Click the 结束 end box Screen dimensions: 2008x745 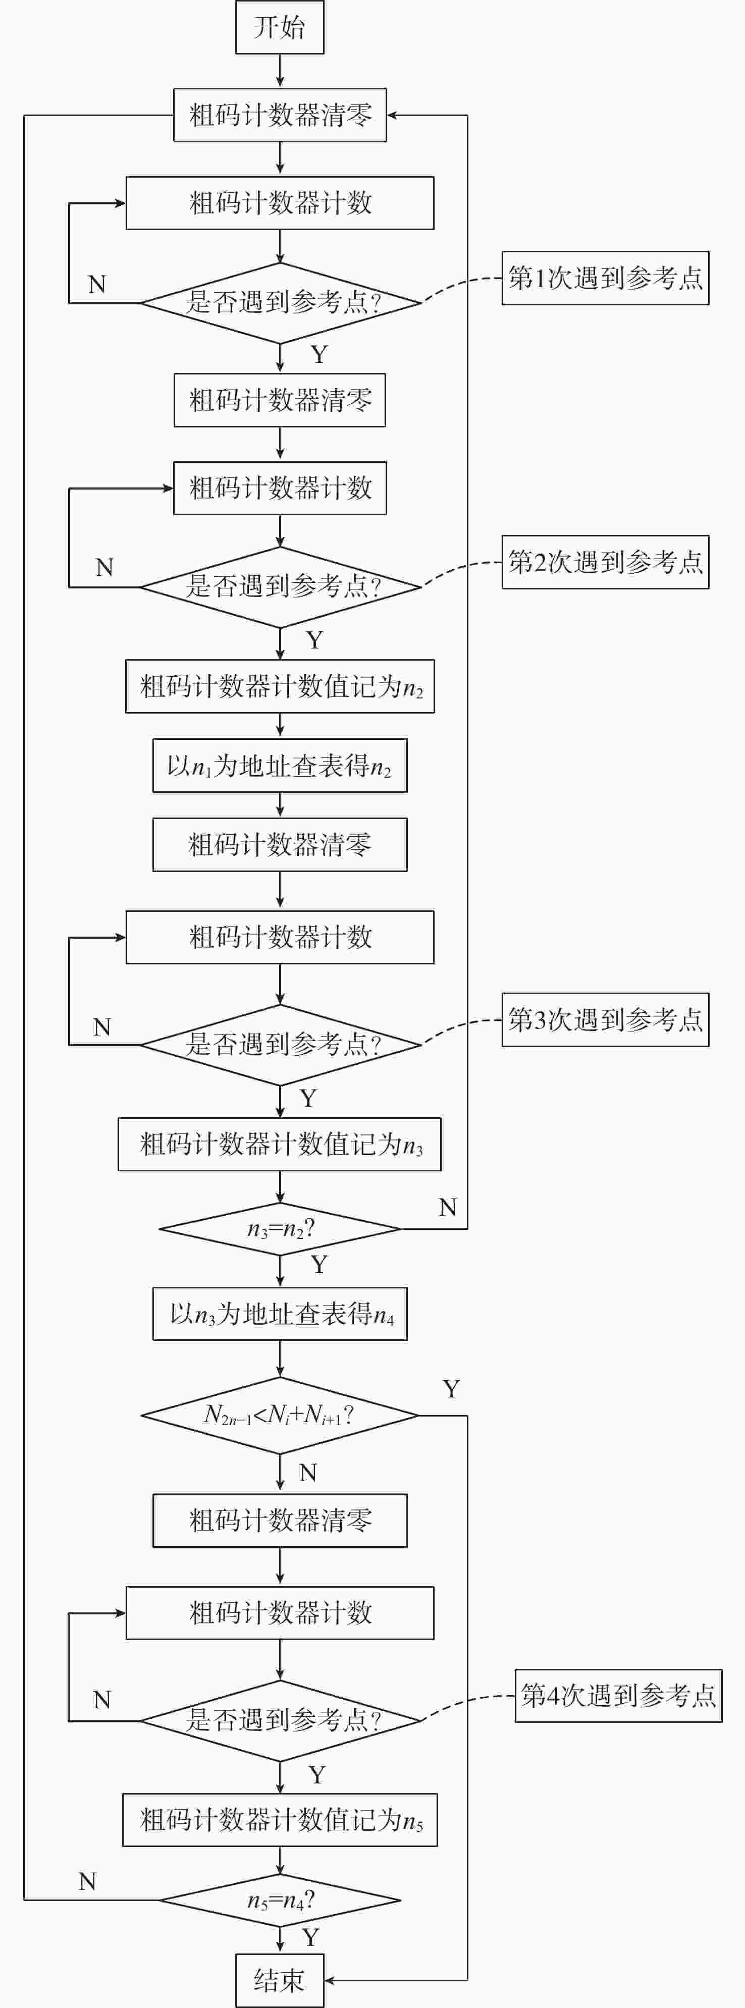click(280, 1980)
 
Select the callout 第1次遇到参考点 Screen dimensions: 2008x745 click(605, 278)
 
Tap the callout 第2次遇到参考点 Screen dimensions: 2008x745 click(605, 562)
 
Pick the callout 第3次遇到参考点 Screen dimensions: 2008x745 click(605, 1019)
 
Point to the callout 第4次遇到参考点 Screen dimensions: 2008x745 click(618, 1696)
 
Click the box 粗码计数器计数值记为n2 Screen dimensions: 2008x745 click(280, 687)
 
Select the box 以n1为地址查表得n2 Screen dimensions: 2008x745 click(280, 766)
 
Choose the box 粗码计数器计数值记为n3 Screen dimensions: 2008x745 click(280, 1145)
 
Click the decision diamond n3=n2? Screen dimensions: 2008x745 click(280, 1229)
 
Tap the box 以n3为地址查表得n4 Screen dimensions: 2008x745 click(280, 1314)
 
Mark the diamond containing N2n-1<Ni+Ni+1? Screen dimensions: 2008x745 click(280, 1415)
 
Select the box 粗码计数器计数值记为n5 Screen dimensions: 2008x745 click(280, 1820)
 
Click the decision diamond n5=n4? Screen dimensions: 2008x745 click(280, 1901)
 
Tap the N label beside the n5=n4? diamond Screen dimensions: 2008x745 click(87, 1882)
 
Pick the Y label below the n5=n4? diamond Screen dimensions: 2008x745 click(311, 1937)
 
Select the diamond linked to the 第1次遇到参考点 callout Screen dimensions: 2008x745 click(280, 302)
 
